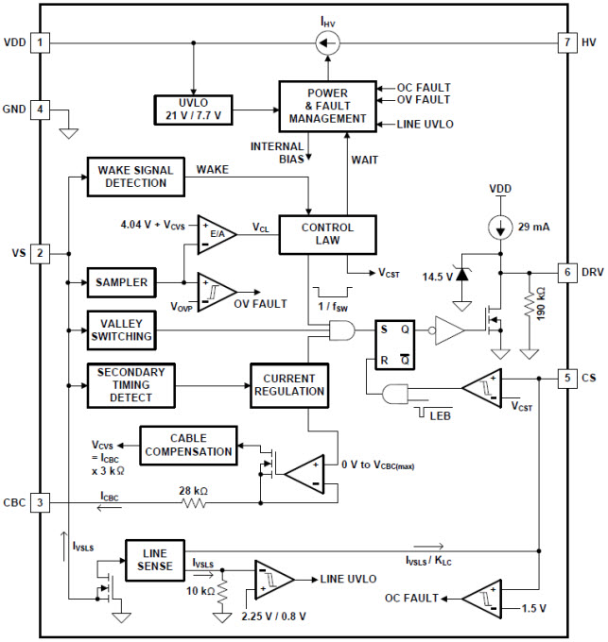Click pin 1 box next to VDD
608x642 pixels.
[x=40, y=42]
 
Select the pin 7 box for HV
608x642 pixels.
[x=567, y=42]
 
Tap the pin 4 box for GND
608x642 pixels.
[x=40, y=110]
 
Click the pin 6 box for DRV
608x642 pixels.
[x=567, y=272]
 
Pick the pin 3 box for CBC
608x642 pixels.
[x=40, y=502]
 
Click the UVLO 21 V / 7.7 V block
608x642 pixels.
[x=194, y=110]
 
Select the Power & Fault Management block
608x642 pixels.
[x=327, y=107]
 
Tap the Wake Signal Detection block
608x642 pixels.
[x=136, y=177]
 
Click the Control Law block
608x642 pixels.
[x=327, y=234]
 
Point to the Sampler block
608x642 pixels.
[x=122, y=282]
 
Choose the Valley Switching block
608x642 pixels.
[x=122, y=330]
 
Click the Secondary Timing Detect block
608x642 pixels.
[x=131, y=385]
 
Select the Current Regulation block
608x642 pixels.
[x=289, y=385]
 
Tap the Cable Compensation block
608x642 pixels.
[x=188, y=446]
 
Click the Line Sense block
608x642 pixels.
[x=155, y=560]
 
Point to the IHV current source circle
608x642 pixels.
[x=327, y=42]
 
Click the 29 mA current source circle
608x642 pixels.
[x=500, y=228]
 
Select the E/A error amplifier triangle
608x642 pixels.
[x=217, y=234]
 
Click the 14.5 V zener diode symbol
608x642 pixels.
[x=462, y=274]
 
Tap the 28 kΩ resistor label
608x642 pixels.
[x=194, y=491]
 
